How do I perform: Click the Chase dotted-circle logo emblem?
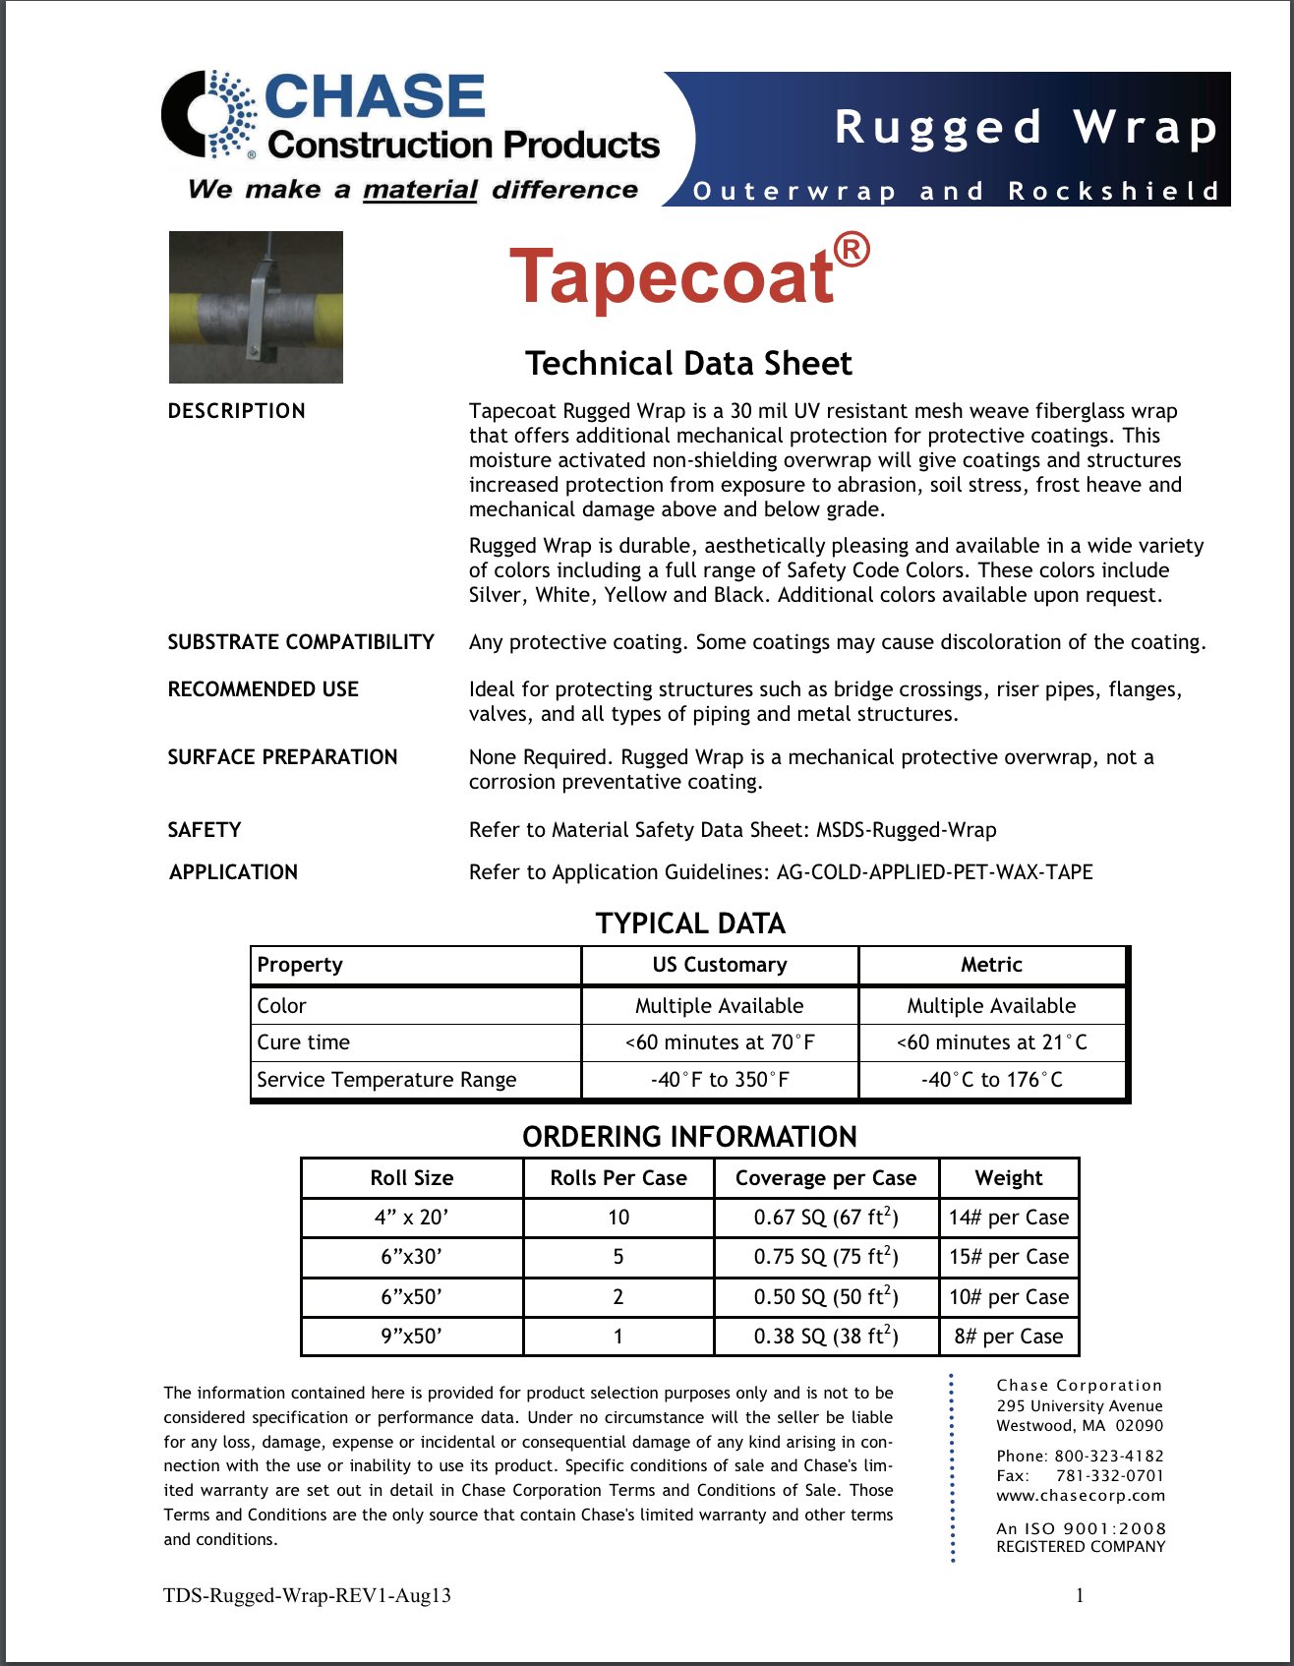[x=209, y=114]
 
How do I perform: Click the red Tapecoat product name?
[x=673, y=275]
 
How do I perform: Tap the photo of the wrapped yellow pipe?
[x=256, y=307]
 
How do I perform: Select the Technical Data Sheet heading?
[x=688, y=364]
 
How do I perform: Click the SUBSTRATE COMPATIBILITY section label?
[x=301, y=642]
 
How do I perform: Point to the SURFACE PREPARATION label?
[x=282, y=757]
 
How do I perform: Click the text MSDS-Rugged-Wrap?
[x=906, y=830]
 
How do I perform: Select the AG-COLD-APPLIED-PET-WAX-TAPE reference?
[x=934, y=872]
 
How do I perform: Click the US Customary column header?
[x=720, y=965]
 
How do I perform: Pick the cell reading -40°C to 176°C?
[x=991, y=1080]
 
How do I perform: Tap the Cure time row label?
[x=304, y=1042]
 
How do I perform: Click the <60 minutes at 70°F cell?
[x=720, y=1042]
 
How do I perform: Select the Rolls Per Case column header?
[x=618, y=1178]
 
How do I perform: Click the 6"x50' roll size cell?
[x=412, y=1297]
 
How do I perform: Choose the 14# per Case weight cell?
[x=1009, y=1218]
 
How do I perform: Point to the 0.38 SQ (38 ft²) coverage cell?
[x=826, y=1337]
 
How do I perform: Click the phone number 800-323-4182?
[x=1109, y=1456]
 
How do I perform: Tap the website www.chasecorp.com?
[x=1081, y=1496]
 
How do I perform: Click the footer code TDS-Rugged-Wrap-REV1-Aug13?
[x=307, y=1595]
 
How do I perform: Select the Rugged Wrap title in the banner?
[x=1027, y=128]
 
